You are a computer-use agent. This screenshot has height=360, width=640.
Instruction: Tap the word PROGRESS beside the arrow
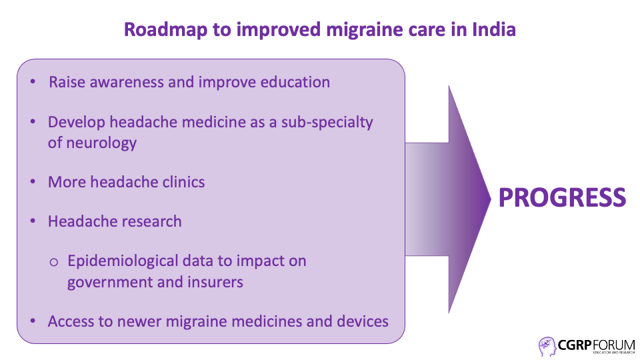coord(562,197)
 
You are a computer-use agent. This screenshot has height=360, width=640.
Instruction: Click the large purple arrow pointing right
coord(448,199)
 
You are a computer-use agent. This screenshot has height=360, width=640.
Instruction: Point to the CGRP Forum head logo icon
coord(547,347)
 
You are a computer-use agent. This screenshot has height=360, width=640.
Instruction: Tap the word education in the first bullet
coord(295,82)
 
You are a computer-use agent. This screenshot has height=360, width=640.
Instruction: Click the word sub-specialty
coord(327,123)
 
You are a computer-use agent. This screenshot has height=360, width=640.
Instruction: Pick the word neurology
coord(101,143)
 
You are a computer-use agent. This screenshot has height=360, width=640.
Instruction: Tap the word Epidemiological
coord(123,261)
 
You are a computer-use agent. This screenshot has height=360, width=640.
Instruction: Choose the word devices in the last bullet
coord(363,321)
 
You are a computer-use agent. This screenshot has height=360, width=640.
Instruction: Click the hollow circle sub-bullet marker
coord(53,262)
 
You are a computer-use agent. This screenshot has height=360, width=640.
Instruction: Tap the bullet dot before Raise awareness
coord(33,82)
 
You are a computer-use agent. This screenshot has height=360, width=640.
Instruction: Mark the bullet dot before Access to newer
coord(33,321)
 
